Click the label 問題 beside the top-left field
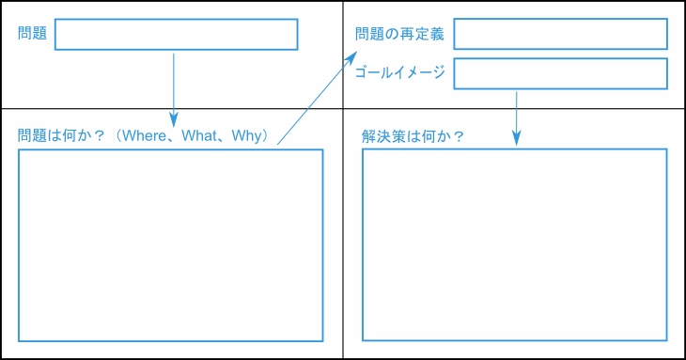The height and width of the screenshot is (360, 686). point(32,34)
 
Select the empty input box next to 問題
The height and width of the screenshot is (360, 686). point(176,34)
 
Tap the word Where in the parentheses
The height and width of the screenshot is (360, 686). point(149,136)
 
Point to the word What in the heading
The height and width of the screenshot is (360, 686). point(199,136)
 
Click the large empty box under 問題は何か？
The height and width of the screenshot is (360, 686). point(170,245)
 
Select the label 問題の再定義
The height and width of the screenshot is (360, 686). point(399,34)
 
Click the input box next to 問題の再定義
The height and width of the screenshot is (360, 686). point(560,34)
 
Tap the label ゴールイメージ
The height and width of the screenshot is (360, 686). point(399,72)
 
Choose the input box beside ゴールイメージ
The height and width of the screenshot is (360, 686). point(560,73)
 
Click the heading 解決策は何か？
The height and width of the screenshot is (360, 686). point(413,136)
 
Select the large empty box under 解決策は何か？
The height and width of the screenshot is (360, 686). point(514,245)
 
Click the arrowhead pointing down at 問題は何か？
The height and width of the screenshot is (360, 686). point(174,119)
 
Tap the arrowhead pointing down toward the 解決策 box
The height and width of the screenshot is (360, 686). point(517,137)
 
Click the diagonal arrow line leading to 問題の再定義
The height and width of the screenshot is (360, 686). point(315,102)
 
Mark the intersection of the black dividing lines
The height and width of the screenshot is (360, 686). point(343,109)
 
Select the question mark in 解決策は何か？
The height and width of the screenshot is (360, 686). point(459,136)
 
